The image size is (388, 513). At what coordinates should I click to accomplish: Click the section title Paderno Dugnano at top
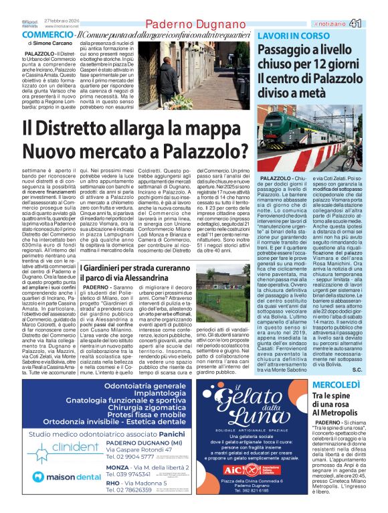pyautogui.click(x=193, y=25)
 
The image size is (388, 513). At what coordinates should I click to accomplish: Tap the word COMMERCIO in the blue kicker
pyautogui.click(x=47, y=35)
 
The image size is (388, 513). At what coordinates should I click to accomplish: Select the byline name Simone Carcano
pyautogui.click(x=59, y=44)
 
